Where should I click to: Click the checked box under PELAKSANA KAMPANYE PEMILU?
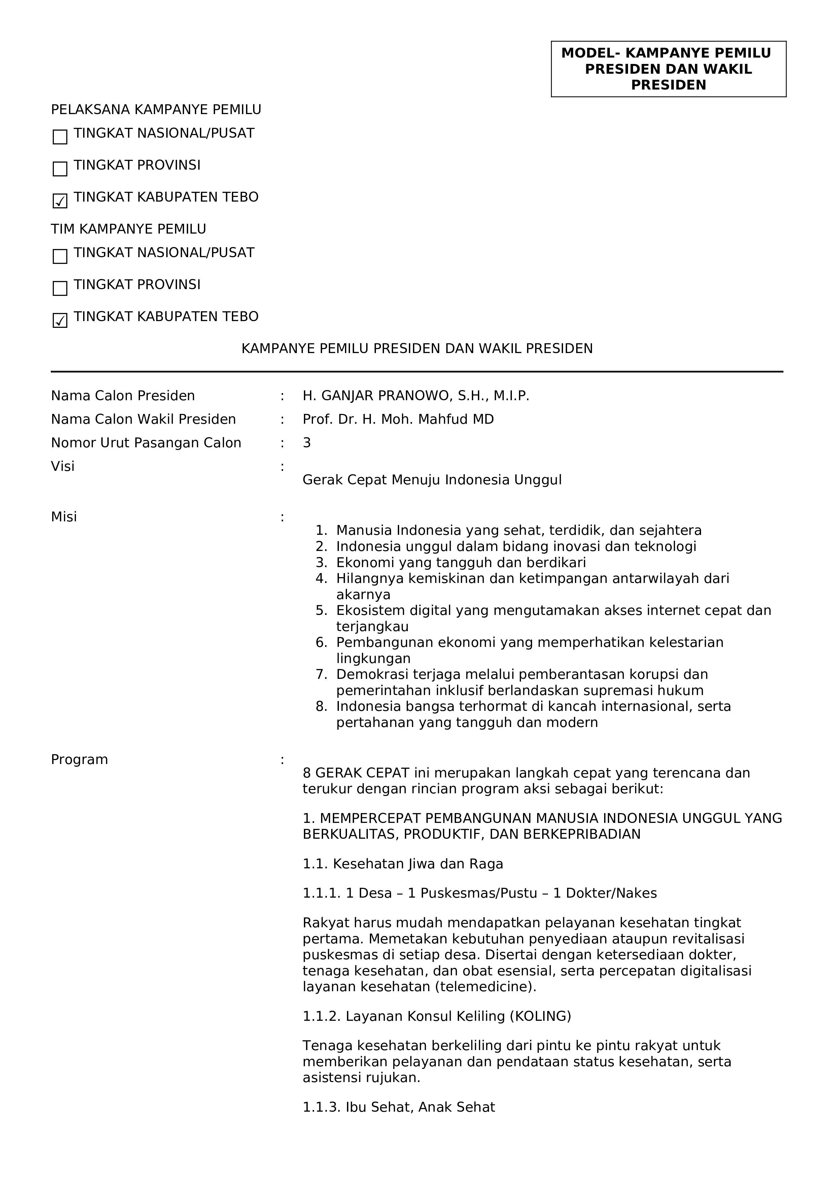(x=60, y=201)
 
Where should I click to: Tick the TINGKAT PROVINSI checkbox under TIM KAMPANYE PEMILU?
(x=60, y=288)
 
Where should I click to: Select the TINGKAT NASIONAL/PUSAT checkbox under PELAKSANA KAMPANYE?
(x=60, y=137)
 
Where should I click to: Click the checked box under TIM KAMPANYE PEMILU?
(x=60, y=320)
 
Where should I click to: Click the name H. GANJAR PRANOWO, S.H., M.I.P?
(x=416, y=396)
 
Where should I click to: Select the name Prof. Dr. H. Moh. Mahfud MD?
(x=398, y=420)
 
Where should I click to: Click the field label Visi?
(x=63, y=466)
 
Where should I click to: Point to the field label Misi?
(x=64, y=517)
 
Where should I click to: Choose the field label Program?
(x=79, y=760)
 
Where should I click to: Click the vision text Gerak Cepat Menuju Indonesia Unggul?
(x=432, y=480)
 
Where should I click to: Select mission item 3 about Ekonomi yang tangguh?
(x=461, y=563)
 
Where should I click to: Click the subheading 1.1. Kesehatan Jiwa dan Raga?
(x=403, y=864)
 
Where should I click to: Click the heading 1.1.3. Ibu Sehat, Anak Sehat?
(x=398, y=1107)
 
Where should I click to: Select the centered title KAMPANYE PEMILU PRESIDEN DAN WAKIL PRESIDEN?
(x=417, y=349)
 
